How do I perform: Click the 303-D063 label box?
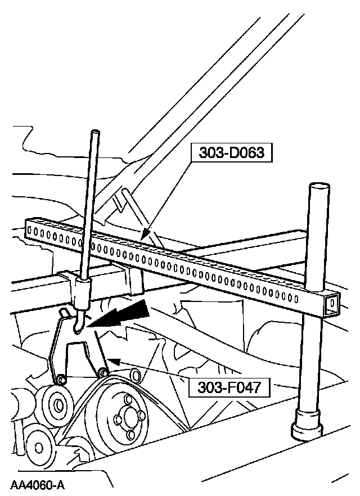click(x=231, y=152)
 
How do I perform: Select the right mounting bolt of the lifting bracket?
click(x=103, y=373)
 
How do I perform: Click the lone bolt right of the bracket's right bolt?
click(x=134, y=375)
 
